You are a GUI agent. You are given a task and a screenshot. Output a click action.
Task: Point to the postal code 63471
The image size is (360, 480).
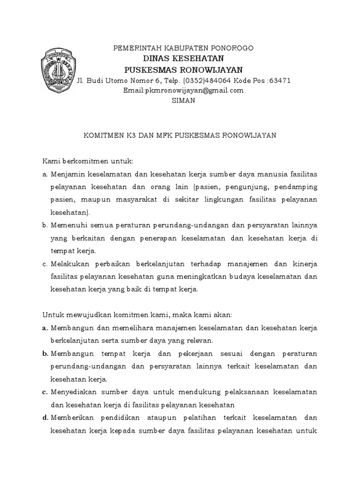tap(280, 80)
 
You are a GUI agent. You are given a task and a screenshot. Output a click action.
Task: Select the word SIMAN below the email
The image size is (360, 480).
tap(184, 100)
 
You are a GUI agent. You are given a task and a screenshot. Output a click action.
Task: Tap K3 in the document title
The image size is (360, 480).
tap(131, 135)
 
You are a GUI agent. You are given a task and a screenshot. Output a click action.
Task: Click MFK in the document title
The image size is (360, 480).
tap(164, 135)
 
